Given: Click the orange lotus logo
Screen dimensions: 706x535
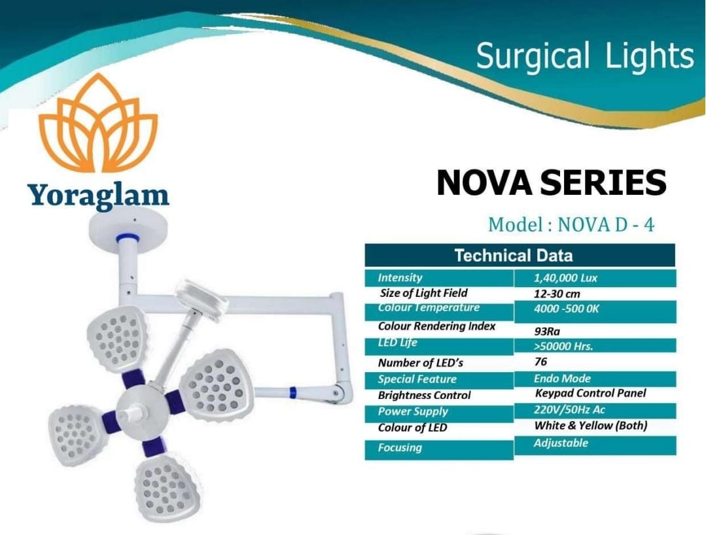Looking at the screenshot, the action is [x=98, y=123].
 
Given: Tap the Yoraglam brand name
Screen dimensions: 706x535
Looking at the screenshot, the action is [x=98, y=196].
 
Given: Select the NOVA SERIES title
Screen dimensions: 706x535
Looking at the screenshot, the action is [x=551, y=182].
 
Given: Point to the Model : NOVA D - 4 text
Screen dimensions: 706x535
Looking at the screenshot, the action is [x=571, y=224].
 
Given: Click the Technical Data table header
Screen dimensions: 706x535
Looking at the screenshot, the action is [x=514, y=256].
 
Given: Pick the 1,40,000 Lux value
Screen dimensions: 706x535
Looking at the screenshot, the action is [x=565, y=278].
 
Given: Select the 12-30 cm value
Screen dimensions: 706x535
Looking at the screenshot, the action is [x=557, y=294].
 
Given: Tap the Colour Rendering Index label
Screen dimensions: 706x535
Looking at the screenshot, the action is [x=436, y=326].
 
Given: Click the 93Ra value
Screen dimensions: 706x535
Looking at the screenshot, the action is [x=547, y=332].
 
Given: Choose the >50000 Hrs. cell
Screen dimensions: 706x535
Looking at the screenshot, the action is [x=563, y=346].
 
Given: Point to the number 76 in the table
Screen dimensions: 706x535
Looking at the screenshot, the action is [x=540, y=362].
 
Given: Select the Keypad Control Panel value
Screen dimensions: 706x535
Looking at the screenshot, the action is [x=590, y=393].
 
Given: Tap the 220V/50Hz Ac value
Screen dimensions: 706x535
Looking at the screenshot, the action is [x=569, y=410].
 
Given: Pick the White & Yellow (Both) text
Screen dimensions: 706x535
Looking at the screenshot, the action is [x=591, y=426].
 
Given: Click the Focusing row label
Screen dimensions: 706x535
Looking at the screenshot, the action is [x=400, y=448].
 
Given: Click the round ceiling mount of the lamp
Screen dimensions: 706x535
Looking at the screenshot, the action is [x=128, y=226].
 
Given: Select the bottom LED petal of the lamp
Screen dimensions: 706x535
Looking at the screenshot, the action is [x=167, y=487].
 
